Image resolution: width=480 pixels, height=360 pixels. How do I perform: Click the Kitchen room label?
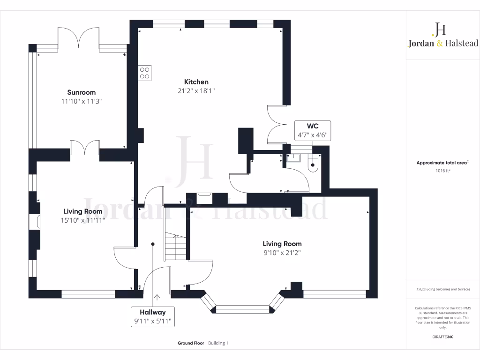[196, 82]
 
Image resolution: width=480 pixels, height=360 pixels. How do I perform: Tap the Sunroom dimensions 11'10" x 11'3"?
[81, 101]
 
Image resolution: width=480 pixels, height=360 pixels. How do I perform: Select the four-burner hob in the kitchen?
[145, 73]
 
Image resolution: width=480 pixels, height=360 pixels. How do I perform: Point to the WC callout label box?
[312, 130]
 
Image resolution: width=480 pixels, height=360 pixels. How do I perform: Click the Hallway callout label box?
[152, 317]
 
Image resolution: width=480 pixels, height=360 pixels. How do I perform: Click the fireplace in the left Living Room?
[34, 222]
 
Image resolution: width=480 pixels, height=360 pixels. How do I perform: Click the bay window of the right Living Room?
[243, 308]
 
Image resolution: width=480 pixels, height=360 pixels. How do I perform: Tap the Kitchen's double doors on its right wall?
[276, 125]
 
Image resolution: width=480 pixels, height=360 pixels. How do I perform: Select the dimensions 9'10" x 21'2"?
[282, 253]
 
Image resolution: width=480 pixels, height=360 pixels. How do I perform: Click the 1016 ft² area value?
[443, 171]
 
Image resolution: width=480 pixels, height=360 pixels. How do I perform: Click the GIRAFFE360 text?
[443, 337]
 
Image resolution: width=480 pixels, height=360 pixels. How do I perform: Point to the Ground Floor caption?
[191, 343]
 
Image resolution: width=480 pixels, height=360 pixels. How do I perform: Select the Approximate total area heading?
[442, 163]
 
